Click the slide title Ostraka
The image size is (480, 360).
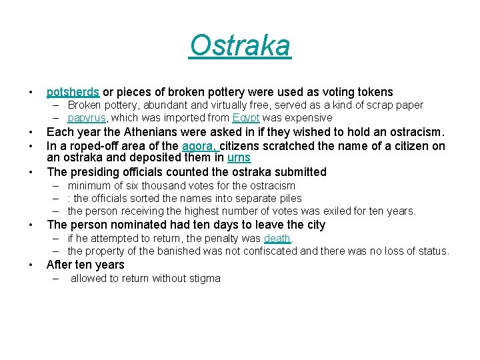240,46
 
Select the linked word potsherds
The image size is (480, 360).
73,92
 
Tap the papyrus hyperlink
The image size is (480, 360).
87,118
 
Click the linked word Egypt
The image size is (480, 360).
246,118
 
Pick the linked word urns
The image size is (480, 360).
239,158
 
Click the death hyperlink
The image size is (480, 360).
277,238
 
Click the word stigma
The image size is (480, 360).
204,278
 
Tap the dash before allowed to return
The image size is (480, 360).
56,278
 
